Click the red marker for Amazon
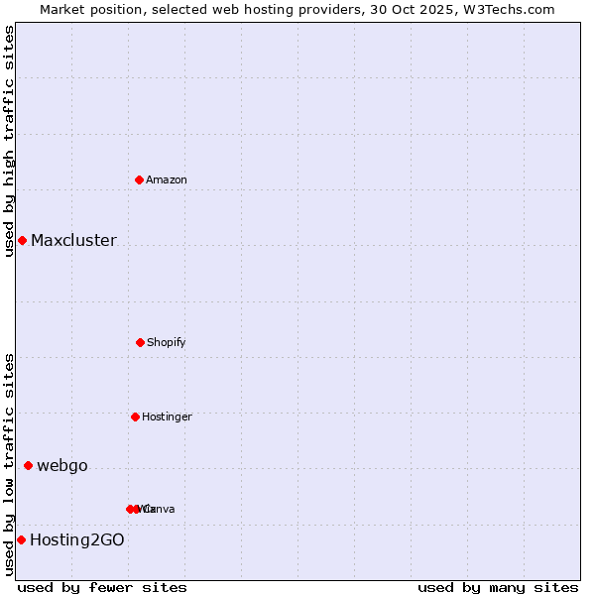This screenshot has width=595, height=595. tap(140, 179)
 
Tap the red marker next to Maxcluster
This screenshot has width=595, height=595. tap(22, 240)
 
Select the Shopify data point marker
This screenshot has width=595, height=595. tap(140, 342)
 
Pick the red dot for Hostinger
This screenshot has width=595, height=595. tap(136, 416)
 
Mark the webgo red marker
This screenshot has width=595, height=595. tap(28, 465)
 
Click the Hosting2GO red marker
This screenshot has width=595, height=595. tap(21, 539)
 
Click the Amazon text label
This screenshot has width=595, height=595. tap(167, 179)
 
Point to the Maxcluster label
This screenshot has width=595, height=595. tap(73, 240)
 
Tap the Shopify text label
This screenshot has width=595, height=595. tap(167, 342)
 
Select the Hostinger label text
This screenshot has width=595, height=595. tap(167, 416)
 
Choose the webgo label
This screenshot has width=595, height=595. tap(62, 466)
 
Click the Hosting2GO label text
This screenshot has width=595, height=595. tap(77, 540)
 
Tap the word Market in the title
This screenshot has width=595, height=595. tap(63, 9)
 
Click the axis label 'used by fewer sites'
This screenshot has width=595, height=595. tap(102, 587)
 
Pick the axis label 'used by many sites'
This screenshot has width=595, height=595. tap(498, 587)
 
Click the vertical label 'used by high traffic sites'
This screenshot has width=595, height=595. tap(9, 141)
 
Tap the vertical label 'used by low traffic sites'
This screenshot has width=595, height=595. tap(9, 464)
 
